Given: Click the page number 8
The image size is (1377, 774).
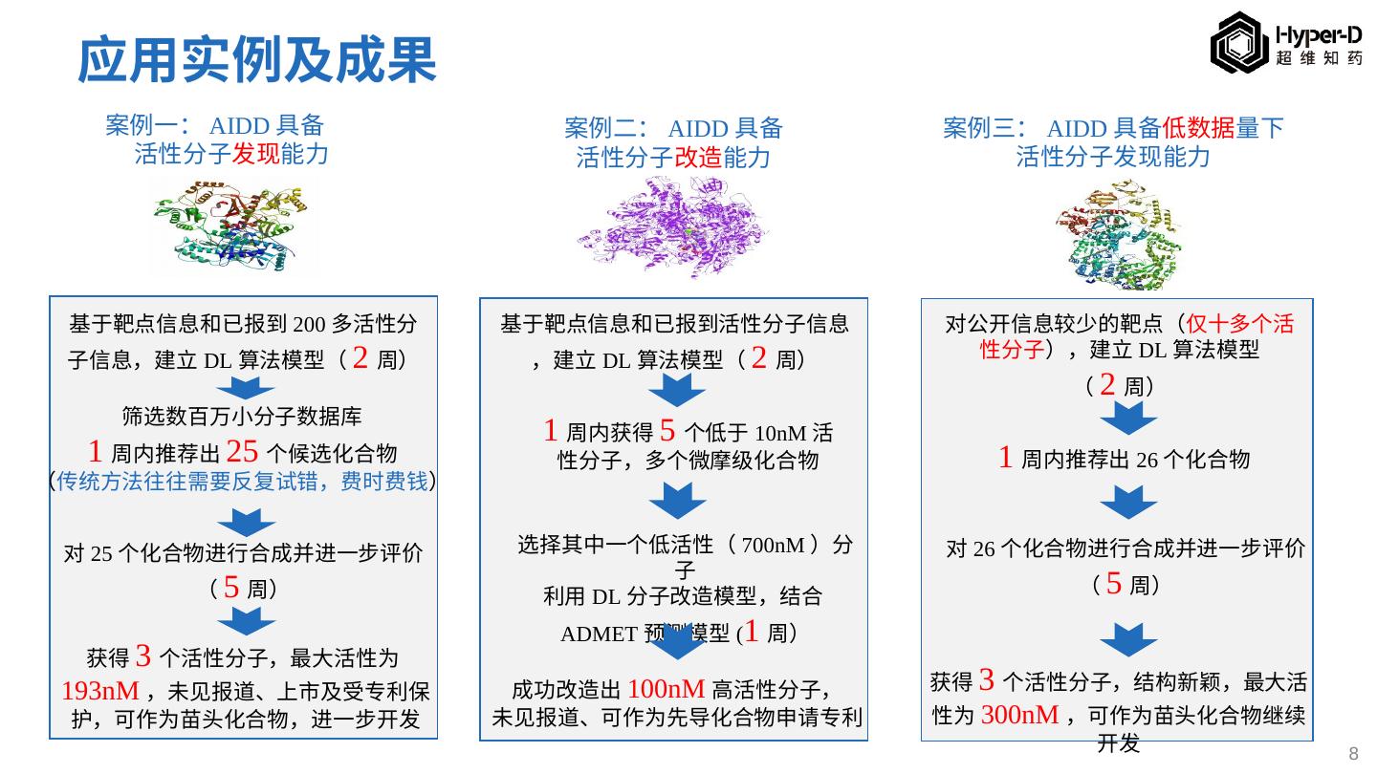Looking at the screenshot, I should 1353,754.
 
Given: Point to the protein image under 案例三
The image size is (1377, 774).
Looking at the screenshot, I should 1119,232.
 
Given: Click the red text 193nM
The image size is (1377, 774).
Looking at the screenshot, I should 100,691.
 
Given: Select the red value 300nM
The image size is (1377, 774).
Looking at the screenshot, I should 1019,715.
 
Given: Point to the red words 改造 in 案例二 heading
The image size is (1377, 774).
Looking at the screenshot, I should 698,157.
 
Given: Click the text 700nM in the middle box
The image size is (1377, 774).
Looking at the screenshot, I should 773,546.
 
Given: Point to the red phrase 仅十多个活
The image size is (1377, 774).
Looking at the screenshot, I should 1239,324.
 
